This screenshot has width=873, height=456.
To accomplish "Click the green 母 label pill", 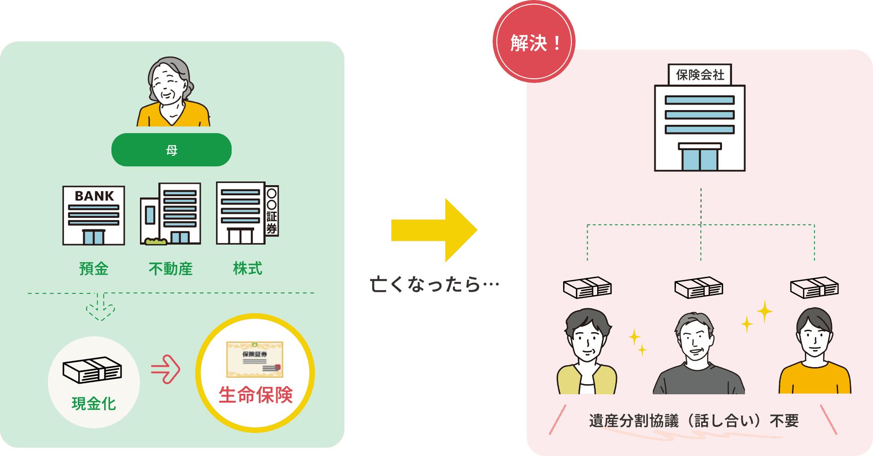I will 171,150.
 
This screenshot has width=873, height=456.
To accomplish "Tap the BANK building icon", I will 93,215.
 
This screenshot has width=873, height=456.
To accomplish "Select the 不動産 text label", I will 170,269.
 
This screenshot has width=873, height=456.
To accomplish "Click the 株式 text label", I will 247,268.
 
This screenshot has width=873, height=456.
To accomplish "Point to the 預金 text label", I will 94,269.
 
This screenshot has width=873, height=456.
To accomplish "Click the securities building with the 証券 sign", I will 247,213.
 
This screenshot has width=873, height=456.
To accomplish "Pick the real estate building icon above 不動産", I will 171,214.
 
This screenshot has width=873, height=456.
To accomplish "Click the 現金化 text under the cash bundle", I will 94,403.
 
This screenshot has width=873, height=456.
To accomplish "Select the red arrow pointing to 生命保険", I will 165,369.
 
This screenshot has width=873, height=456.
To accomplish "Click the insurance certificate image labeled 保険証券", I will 255,360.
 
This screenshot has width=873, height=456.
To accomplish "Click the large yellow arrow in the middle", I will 434,230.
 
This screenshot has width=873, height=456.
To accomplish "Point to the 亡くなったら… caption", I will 434,284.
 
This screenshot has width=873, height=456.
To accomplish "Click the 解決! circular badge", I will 534,43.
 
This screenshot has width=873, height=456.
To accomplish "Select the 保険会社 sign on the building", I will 699,75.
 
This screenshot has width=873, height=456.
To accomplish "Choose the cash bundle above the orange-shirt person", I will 814,287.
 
